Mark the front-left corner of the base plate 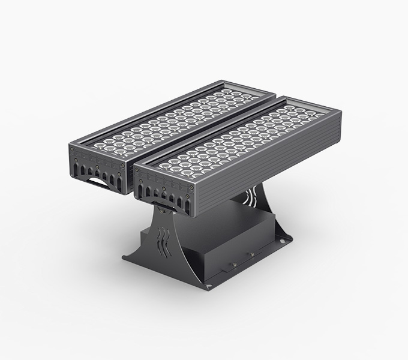(x=123, y=258)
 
